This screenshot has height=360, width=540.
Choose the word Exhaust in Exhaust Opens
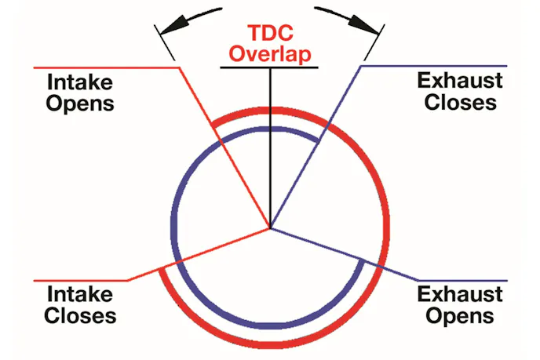point(460,296)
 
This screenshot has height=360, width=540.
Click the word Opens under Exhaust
point(460,316)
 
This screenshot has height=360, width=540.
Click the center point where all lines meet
point(270,229)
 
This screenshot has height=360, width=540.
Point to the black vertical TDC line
point(270,149)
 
